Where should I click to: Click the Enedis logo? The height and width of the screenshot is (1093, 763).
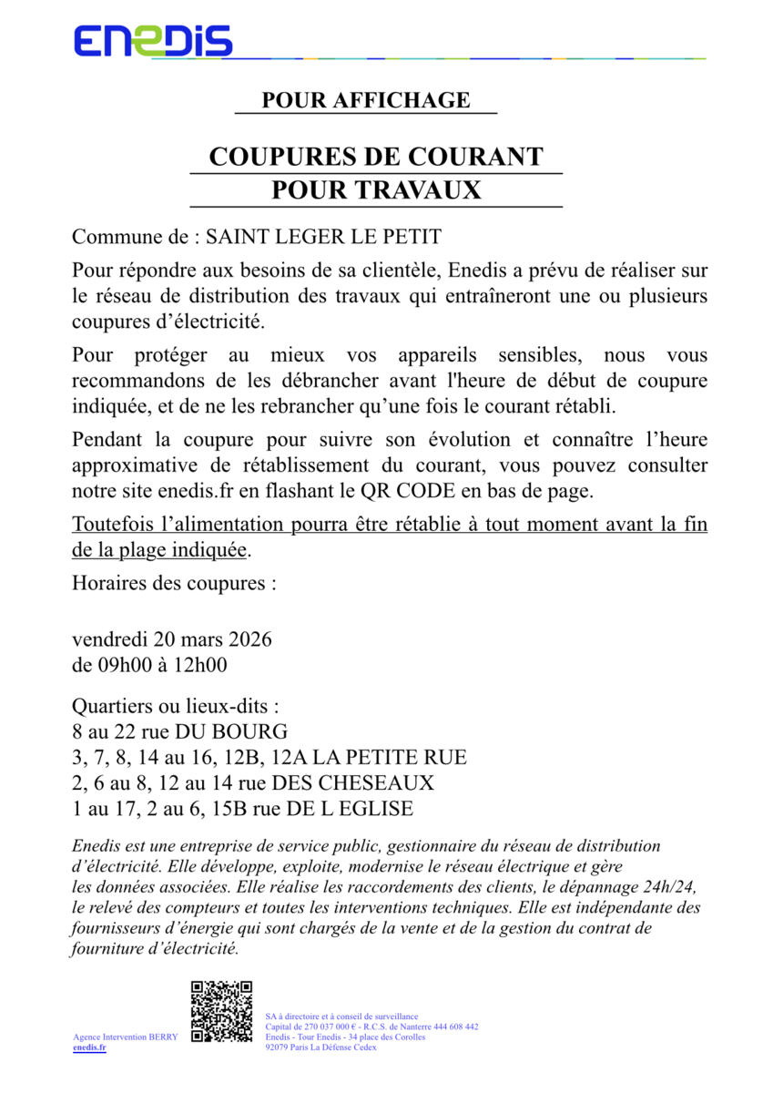[152, 41]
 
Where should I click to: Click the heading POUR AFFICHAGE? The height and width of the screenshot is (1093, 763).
[366, 100]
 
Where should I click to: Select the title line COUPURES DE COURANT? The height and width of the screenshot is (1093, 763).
[375, 157]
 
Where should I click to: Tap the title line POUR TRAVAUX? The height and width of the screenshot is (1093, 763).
[375, 191]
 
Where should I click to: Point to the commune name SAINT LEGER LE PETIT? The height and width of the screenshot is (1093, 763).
[323, 238]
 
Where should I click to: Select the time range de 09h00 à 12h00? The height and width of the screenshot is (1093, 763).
[149, 665]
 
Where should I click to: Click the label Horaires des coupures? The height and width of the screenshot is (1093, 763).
[174, 582]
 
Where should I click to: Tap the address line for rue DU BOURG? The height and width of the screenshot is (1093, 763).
[180, 731]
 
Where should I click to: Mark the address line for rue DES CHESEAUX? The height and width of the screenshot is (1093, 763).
[253, 782]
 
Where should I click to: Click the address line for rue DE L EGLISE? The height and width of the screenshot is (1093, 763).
[242, 808]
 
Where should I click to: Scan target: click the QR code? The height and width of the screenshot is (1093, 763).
[221, 1011]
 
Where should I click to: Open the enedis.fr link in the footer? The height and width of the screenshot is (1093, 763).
[89, 1047]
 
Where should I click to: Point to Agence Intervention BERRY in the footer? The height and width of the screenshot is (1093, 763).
[125, 1037]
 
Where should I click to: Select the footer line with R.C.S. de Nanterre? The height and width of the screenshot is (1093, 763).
[371, 1027]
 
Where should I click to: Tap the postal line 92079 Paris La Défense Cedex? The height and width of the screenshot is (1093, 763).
[320, 1047]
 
